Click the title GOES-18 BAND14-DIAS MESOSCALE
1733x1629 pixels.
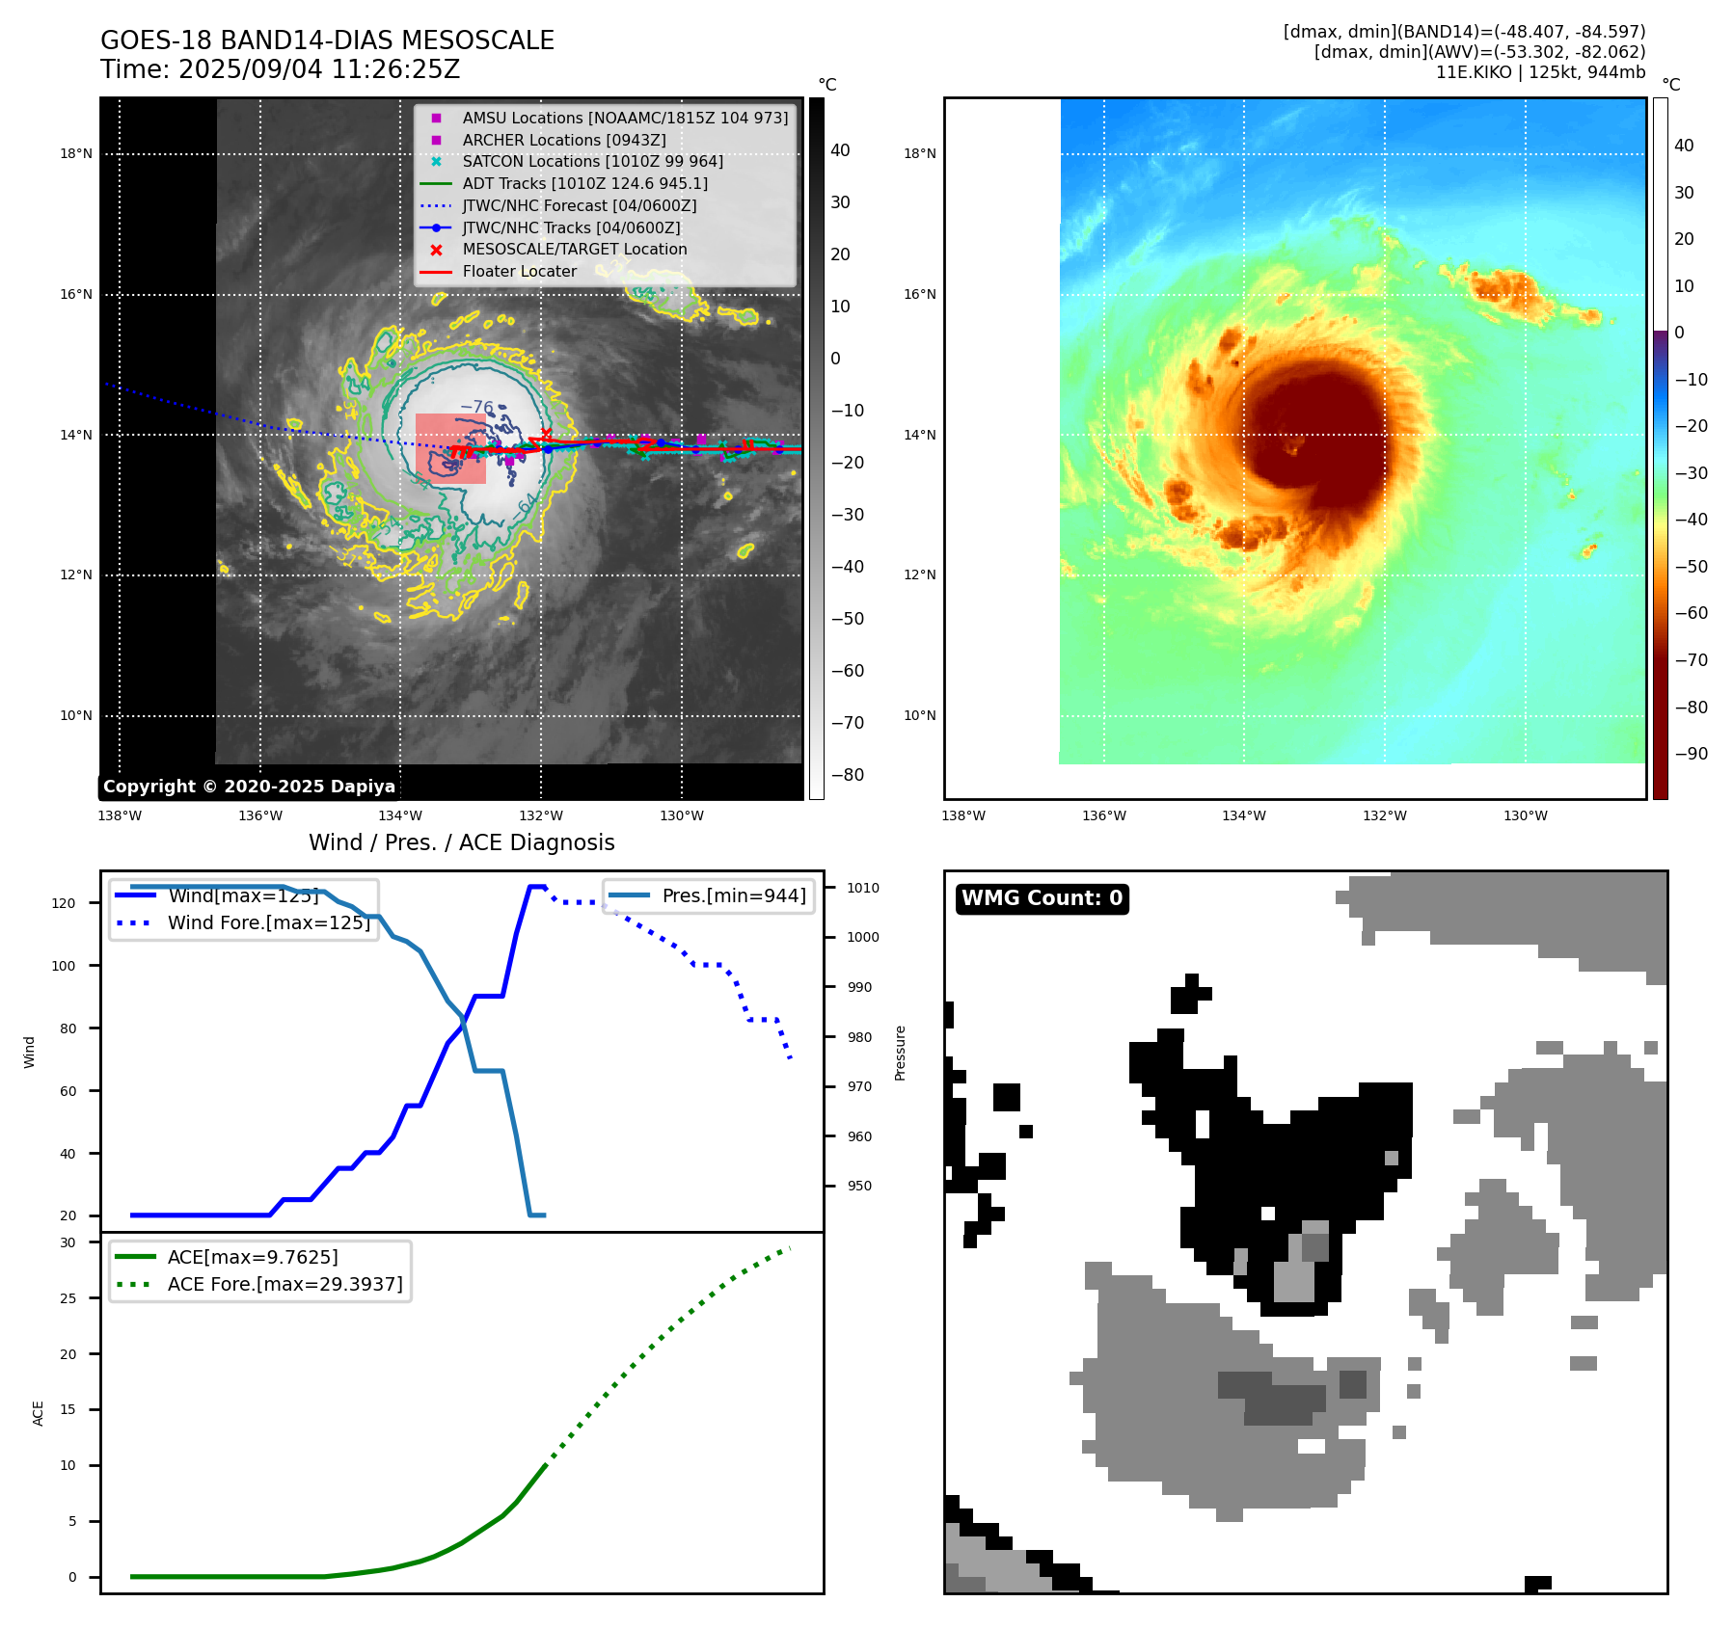(x=327, y=40)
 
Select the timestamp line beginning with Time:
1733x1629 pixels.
(x=280, y=69)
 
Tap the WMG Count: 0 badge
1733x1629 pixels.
(x=1042, y=898)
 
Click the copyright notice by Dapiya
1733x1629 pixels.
(x=249, y=787)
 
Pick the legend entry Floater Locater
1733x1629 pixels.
(x=519, y=272)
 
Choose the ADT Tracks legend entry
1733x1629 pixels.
(x=584, y=183)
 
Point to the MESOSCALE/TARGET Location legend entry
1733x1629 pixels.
(x=574, y=250)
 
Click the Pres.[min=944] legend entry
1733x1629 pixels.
(x=733, y=895)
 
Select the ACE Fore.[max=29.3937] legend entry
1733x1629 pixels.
(x=284, y=1284)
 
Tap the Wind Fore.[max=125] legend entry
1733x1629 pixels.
(x=268, y=922)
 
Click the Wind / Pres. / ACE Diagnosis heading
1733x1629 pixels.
(x=461, y=842)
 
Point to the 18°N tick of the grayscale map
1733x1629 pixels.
(x=76, y=153)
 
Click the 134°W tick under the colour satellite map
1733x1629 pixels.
(x=1243, y=816)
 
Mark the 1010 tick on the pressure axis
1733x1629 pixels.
(x=863, y=888)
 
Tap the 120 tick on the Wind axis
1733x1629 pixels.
(x=64, y=903)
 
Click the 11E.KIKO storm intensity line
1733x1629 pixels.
(x=1540, y=72)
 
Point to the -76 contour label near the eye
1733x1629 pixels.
(x=476, y=407)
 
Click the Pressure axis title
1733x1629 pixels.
(x=901, y=1053)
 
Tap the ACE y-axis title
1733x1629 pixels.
(x=39, y=1413)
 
